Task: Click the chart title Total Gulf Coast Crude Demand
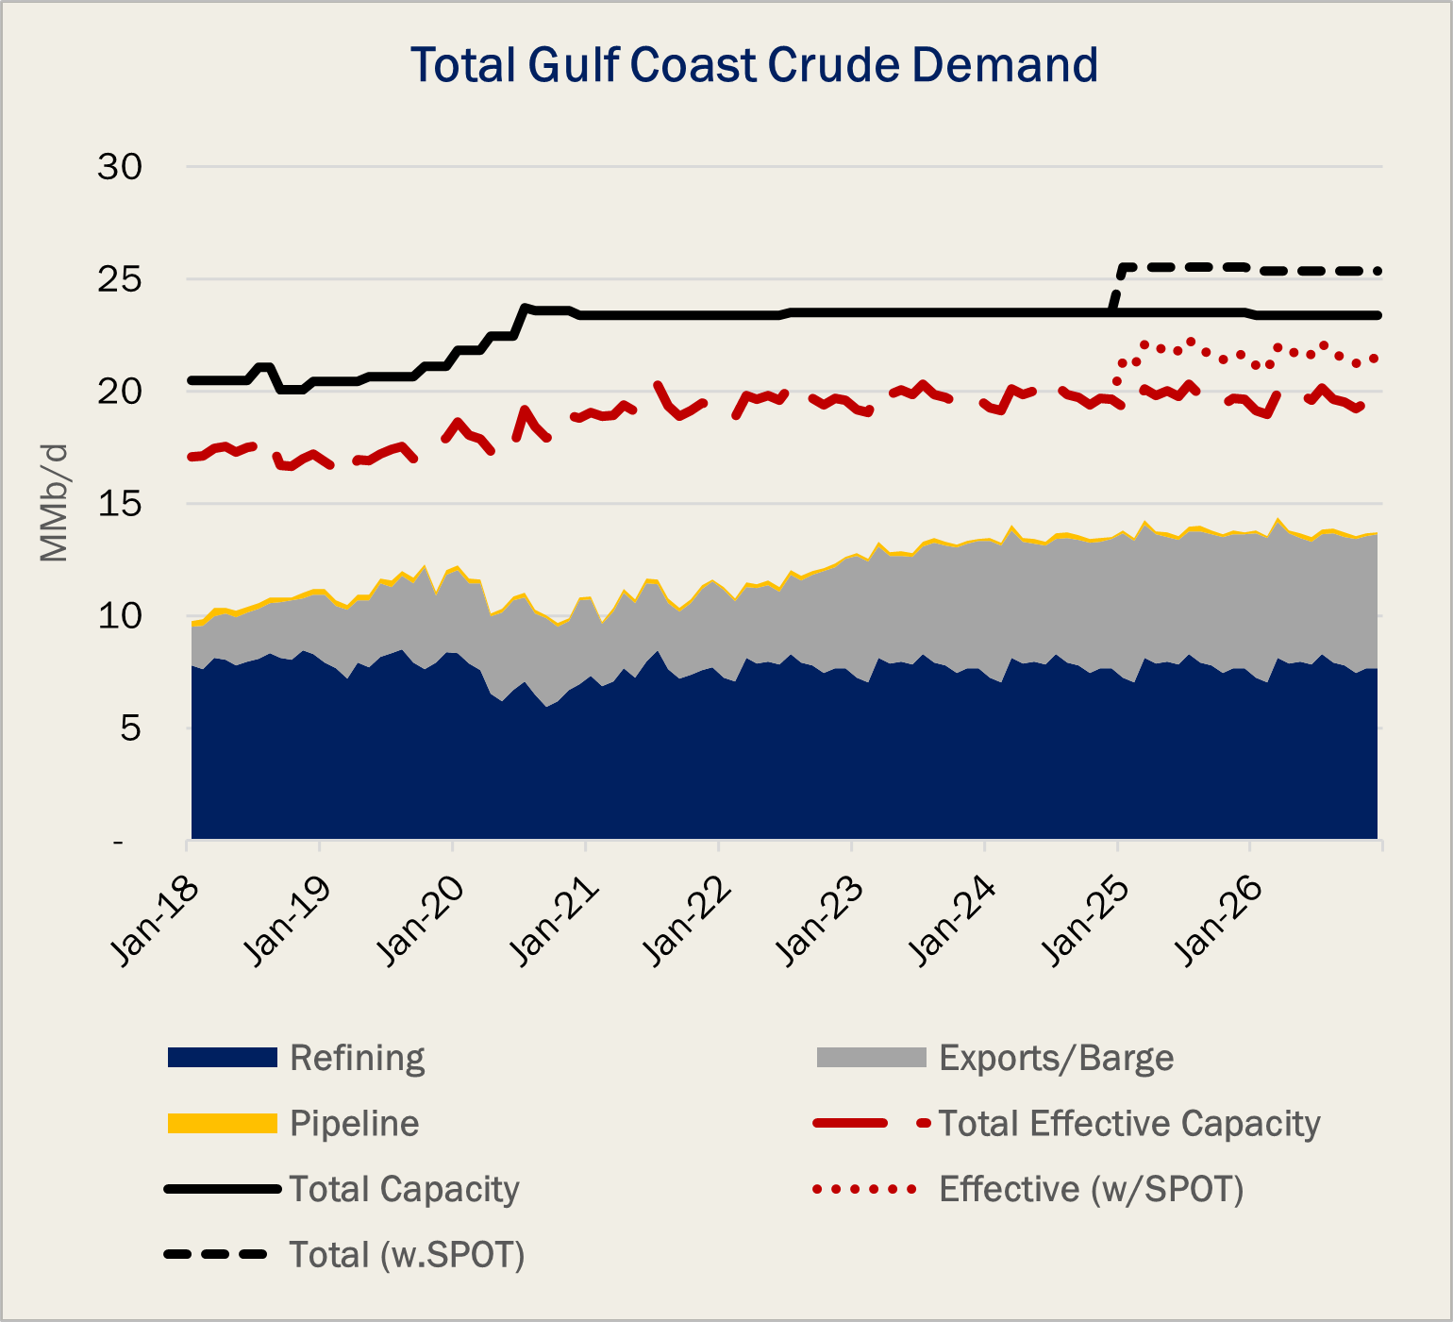click(754, 66)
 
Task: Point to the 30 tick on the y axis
click(120, 167)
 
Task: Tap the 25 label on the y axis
click(120, 279)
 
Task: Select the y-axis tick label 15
click(120, 504)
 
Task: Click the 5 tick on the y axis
click(130, 728)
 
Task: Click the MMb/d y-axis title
click(55, 503)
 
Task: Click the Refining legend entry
click(358, 1058)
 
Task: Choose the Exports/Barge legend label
click(1057, 1058)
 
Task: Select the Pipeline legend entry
click(355, 1123)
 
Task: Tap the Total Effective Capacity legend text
click(1129, 1123)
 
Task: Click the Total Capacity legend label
click(404, 1189)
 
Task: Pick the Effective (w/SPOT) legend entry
click(1091, 1189)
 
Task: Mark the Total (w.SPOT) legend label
click(406, 1255)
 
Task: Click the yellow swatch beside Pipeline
click(223, 1123)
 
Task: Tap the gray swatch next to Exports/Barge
click(872, 1058)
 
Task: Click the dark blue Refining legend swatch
click(223, 1058)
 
